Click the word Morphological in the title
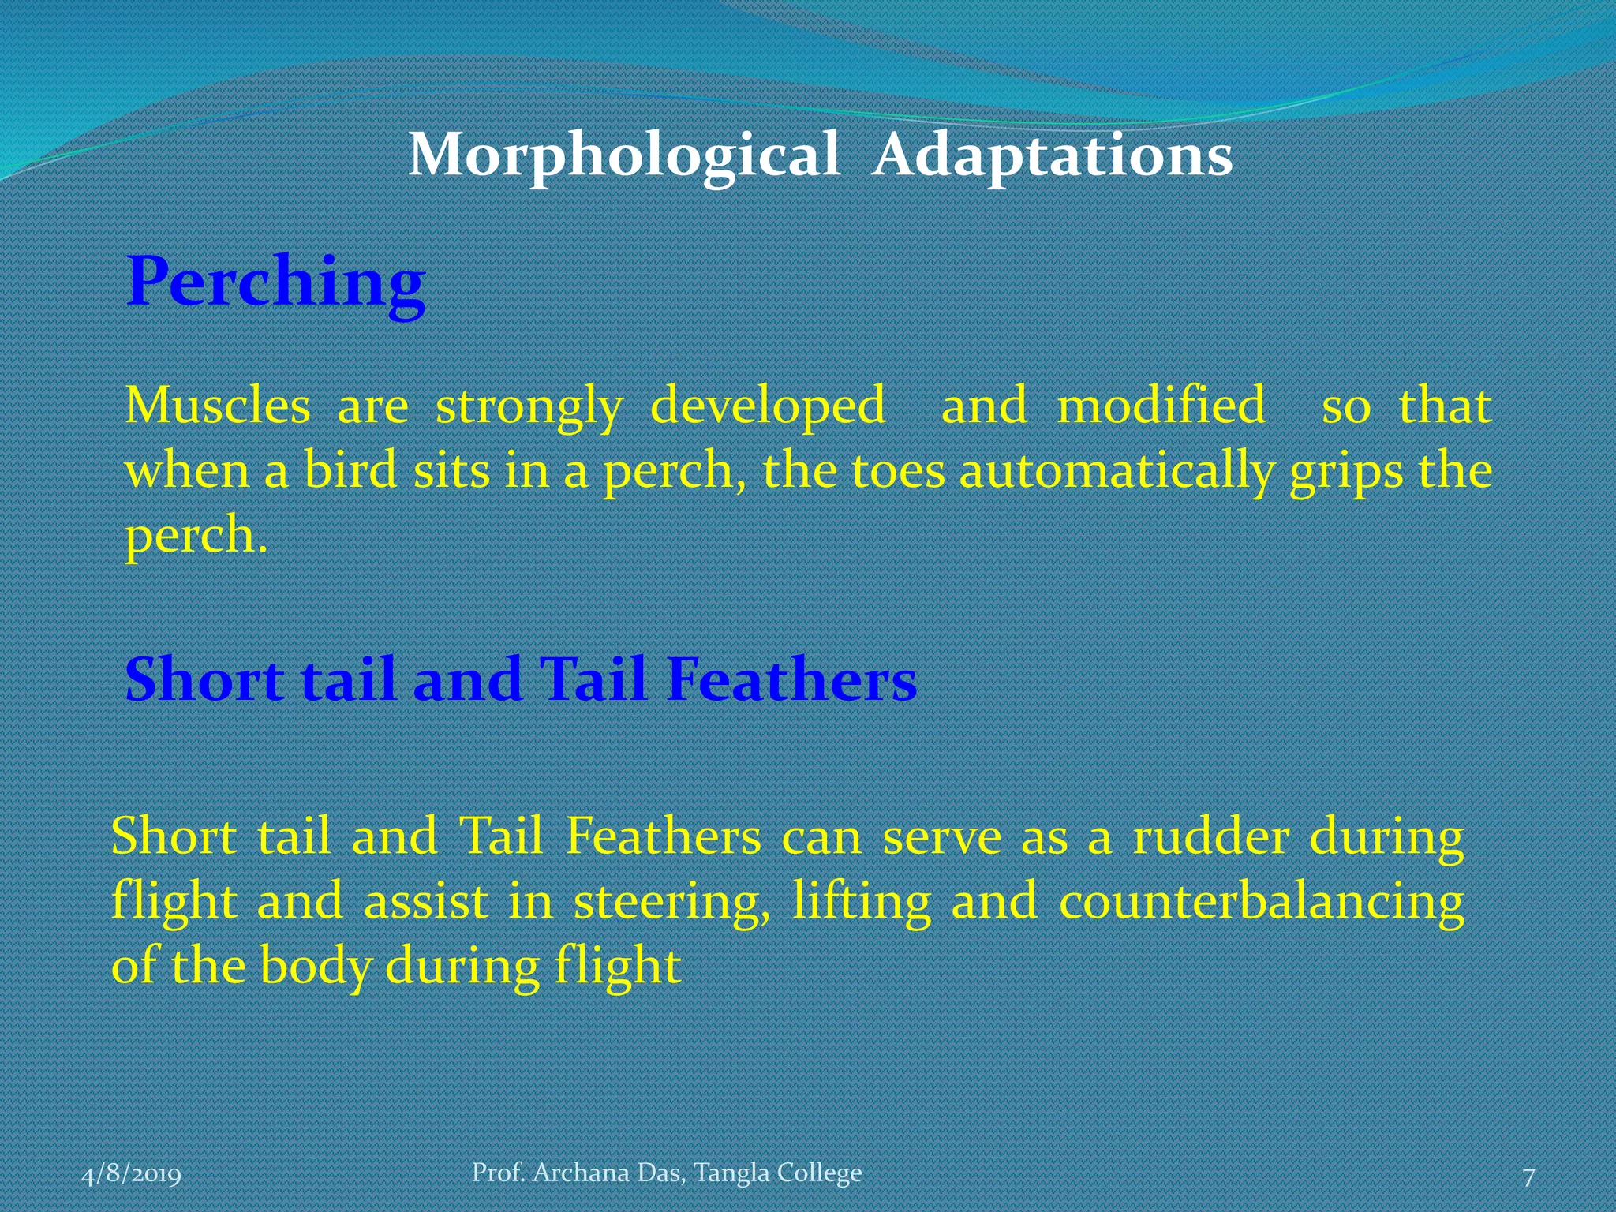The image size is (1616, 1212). coord(623,155)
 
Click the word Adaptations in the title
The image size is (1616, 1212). coord(1053,155)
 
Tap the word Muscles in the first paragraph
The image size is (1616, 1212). coord(218,406)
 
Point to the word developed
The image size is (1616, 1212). coord(767,406)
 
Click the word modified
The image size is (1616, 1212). coord(1161,406)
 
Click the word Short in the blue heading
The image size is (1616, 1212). coord(204,679)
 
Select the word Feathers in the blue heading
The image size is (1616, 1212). coord(791,679)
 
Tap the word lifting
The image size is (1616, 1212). coord(862,902)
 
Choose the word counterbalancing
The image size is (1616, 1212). coord(1261,902)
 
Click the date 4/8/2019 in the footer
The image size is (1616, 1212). coord(132,1175)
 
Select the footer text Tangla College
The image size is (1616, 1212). coord(778,1173)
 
